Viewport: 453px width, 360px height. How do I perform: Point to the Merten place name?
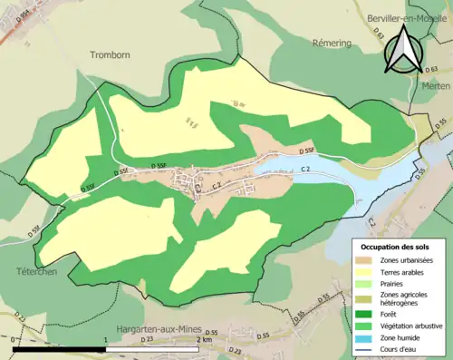pos(436,84)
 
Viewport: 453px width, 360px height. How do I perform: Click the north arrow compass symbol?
pos(403,50)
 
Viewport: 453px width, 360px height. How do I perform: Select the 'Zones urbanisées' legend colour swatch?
pos(367,260)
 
